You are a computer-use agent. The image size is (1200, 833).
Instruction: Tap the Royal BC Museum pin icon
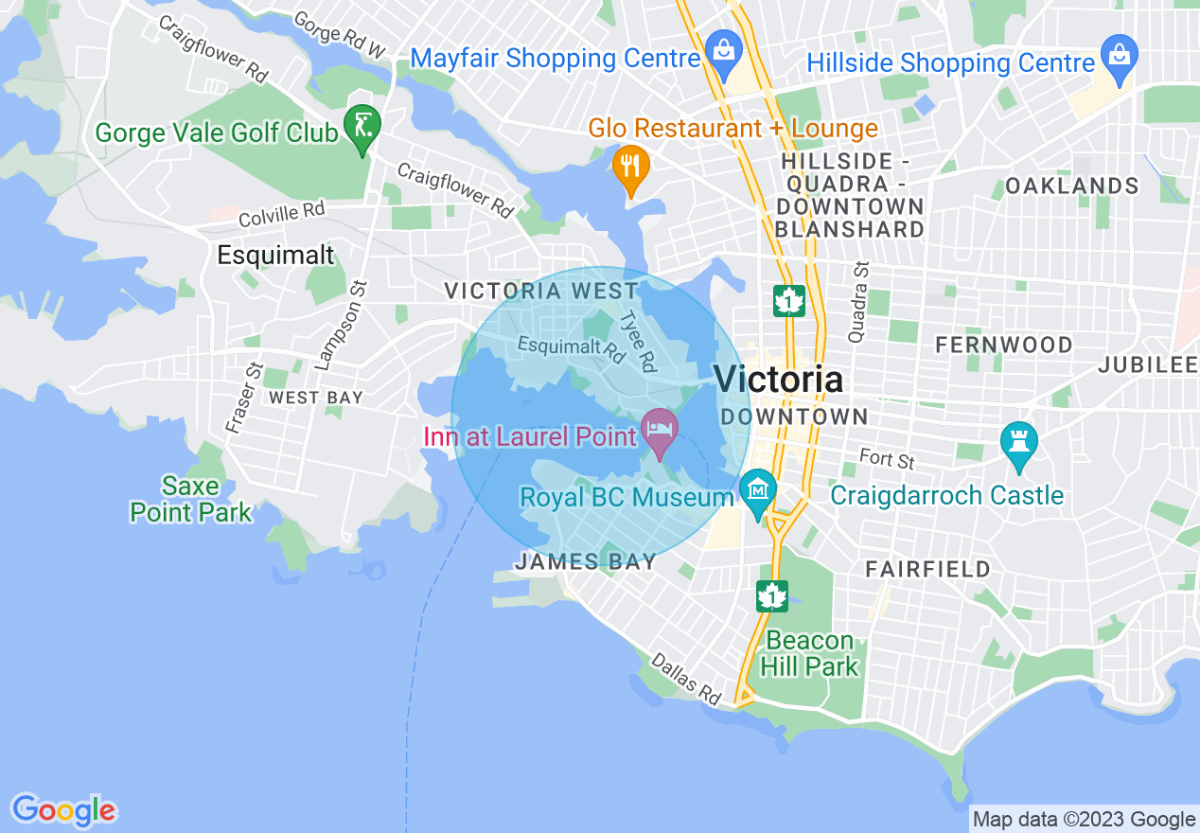coord(758,490)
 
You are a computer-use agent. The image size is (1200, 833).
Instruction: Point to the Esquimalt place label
coord(275,255)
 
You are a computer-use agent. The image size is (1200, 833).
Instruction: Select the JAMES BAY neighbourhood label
coord(586,562)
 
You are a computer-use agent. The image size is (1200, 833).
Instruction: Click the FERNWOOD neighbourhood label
coord(1003,346)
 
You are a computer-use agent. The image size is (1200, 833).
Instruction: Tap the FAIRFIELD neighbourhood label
coord(928,569)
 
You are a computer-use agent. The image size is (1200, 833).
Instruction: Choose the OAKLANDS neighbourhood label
coord(1071,186)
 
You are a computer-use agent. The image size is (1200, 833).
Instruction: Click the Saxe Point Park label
coord(191,500)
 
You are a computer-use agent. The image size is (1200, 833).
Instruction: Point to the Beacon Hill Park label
coord(812,653)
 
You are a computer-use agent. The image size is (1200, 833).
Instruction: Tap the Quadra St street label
coord(857,302)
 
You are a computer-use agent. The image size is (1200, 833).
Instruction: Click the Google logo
coord(63,810)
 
